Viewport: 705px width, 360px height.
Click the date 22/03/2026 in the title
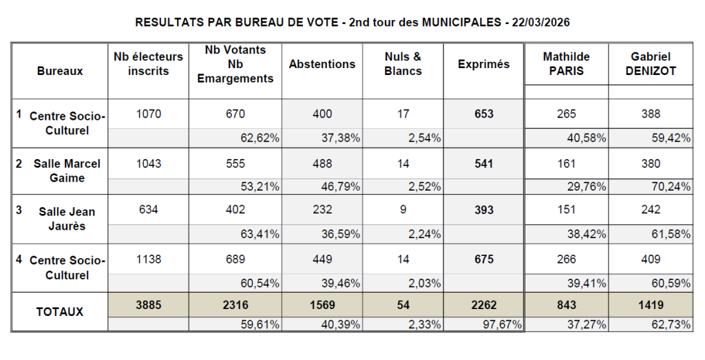[x=540, y=22]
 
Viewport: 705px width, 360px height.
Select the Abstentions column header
[x=322, y=64]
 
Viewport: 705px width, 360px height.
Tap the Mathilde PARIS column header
[x=566, y=64]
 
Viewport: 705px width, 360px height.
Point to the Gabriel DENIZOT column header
[x=650, y=64]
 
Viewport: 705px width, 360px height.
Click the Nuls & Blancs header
[x=403, y=64]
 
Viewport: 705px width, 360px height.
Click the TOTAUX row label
[x=60, y=311]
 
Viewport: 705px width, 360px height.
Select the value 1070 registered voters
[x=148, y=114]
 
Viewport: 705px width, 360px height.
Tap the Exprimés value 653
[x=484, y=114]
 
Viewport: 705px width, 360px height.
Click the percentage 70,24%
[x=671, y=185]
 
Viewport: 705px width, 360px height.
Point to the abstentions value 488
[x=322, y=164]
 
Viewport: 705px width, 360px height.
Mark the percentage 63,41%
[x=260, y=234]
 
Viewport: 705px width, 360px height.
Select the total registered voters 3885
[x=148, y=304]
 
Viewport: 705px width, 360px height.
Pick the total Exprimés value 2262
[x=484, y=304]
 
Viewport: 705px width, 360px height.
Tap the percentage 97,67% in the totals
[x=502, y=325]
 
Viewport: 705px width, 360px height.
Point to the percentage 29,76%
[x=587, y=185]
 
